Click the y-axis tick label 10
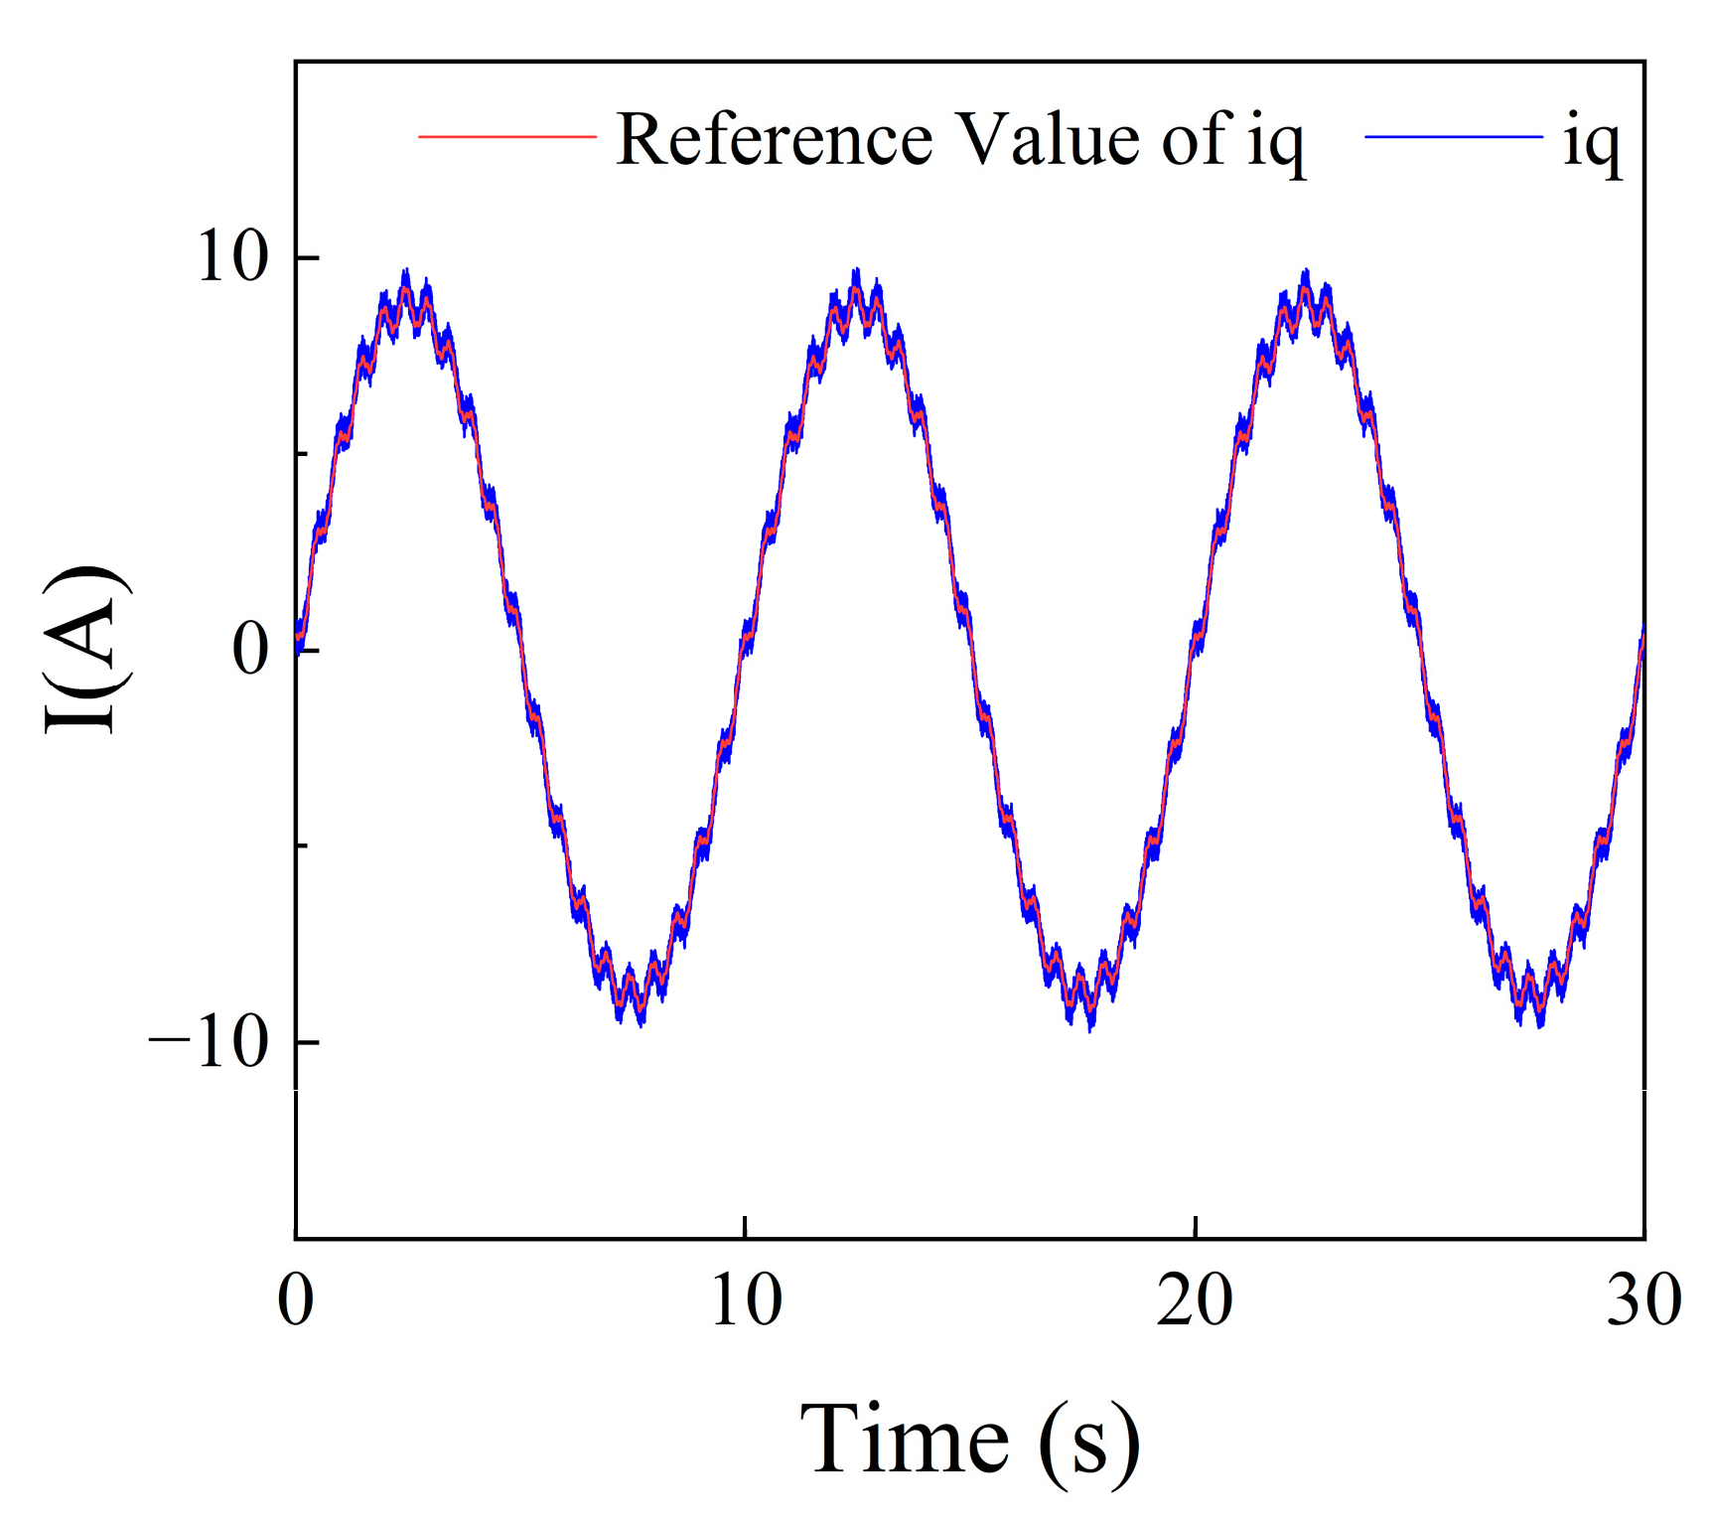pyautogui.click(x=232, y=257)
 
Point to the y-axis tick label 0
pyautogui.click(x=250, y=650)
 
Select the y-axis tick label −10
pyautogui.click(x=209, y=1043)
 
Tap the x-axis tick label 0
pyautogui.click(x=295, y=1299)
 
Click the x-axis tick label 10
pyautogui.click(x=746, y=1299)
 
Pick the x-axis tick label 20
pyautogui.click(x=1195, y=1299)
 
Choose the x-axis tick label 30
pyautogui.click(x=1643, y=1299)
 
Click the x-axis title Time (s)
pyautogui.click(x=969, y=1441)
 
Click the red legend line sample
pyautogui.click(x=506, y=136)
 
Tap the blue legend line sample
pyautogui.click(x=1453, y=136)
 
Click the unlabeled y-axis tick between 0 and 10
pyautogui.click(x=302, y=454)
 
